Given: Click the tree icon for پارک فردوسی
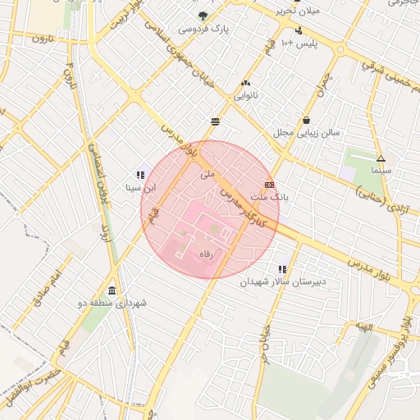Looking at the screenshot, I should [x=203, y=15].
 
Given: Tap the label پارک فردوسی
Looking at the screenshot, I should [x=203, y=29].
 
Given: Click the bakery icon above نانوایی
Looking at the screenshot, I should [x=246, y=83].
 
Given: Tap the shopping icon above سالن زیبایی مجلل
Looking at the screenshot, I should [x=306, y=120].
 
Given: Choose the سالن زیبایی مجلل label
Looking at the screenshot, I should [x=306, y=132].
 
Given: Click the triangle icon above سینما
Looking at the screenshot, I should [x=381, y=158].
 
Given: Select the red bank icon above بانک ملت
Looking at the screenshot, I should [x=269, y=185].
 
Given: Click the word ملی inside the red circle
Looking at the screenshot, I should [x=207, y=174].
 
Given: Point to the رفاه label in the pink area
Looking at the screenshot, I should [x=207, y=255].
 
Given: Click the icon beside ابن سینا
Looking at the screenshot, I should [x=141, y=174].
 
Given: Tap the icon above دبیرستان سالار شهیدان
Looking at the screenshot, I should [x=283, y=269].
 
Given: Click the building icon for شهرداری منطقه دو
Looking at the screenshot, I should [x=112, y=291].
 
